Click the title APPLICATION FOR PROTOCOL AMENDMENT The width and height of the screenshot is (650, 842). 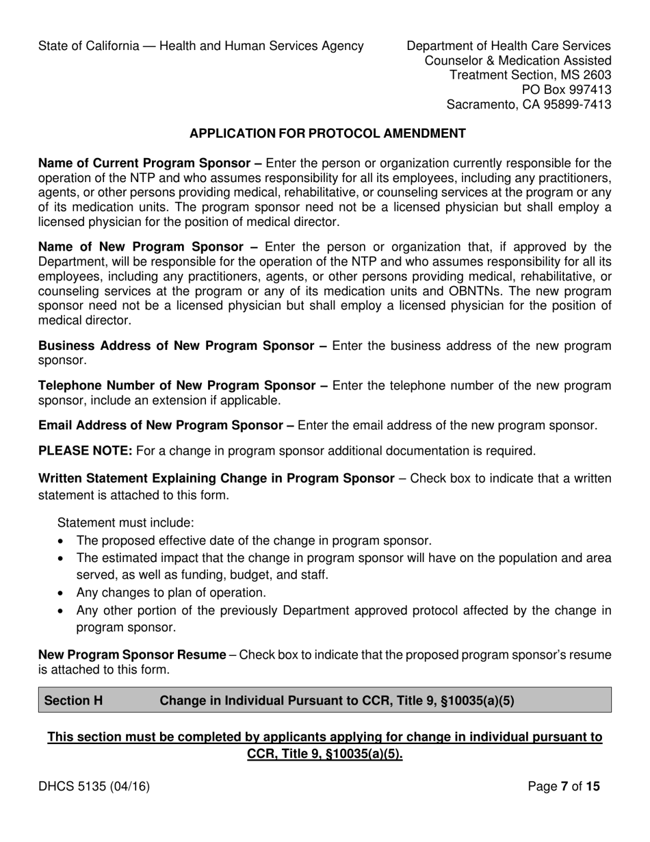click(x=327, y=133)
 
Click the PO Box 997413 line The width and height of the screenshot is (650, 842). click(x=567, y=90)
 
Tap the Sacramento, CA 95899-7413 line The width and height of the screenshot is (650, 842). click(x=528, y=105)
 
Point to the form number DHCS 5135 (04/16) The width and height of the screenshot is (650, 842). click(x=94, y=787)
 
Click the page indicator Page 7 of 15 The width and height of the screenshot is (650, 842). click(x=564, y=787)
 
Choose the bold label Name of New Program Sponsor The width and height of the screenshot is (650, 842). click(x=147, y=246)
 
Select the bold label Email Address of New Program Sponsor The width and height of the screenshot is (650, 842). click(x=166, y=425)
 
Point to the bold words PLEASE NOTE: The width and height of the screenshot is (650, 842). click(x=86, y=451)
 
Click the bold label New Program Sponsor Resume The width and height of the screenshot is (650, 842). click(x=132, y=655)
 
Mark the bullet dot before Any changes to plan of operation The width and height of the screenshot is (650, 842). click(x=62, y=593)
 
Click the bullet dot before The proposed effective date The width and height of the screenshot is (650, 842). click(x=62, y=541)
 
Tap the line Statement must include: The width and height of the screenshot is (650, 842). click(x=126, y=523)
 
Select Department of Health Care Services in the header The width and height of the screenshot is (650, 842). click(x=508, y=46)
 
